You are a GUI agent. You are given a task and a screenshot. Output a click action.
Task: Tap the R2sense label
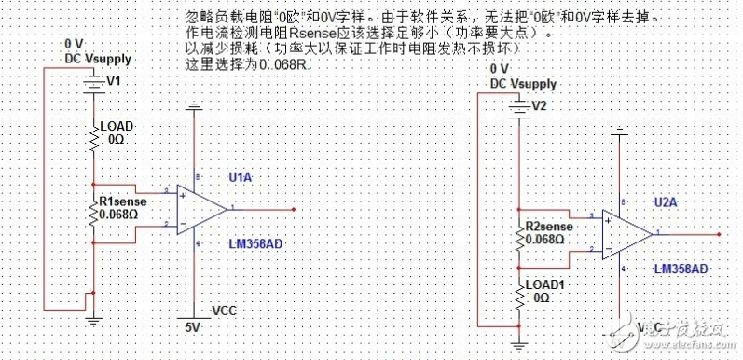[548, 226]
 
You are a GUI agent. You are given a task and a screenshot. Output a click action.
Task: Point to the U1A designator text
[240, 176]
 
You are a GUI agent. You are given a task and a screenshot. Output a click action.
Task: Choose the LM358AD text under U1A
[255, 244]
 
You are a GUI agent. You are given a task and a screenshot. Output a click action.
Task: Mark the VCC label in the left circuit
[226, 310]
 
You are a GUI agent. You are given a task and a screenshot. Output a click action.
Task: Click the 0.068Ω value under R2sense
[546, 239]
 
